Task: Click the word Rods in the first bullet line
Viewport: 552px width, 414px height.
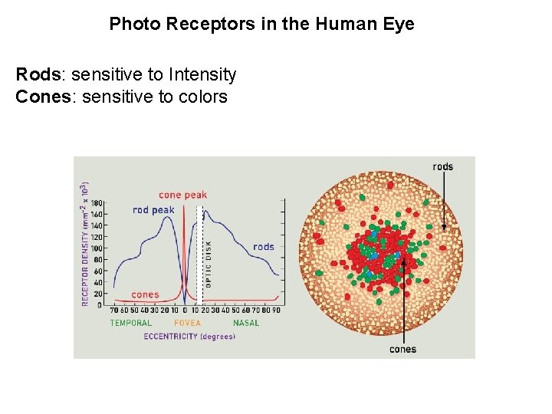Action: tap(38, 75)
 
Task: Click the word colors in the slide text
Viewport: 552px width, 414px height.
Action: tap(202, 97)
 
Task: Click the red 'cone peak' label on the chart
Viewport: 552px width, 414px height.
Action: tap(182, 195)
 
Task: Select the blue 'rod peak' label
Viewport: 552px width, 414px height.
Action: tap(153, 210)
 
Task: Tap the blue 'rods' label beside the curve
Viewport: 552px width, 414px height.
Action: tap(264, 247)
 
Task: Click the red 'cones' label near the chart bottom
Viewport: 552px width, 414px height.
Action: tap(145, 294)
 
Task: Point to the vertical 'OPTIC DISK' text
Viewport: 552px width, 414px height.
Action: tap(208, 264)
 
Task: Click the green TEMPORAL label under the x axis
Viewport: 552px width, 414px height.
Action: tap(131, 323)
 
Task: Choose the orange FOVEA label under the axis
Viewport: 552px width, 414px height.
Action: tap(187, 323)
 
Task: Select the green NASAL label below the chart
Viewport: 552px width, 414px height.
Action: tap(246, 323)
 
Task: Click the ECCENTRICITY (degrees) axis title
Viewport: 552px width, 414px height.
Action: tap(189, 337)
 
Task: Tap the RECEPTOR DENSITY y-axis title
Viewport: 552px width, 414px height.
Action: tap(84, 243)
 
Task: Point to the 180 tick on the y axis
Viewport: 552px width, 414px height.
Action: tap(97, 203)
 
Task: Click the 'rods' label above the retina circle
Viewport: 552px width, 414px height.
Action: tap(442, 166)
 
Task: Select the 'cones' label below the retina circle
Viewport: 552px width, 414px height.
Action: tap(402, 350)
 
